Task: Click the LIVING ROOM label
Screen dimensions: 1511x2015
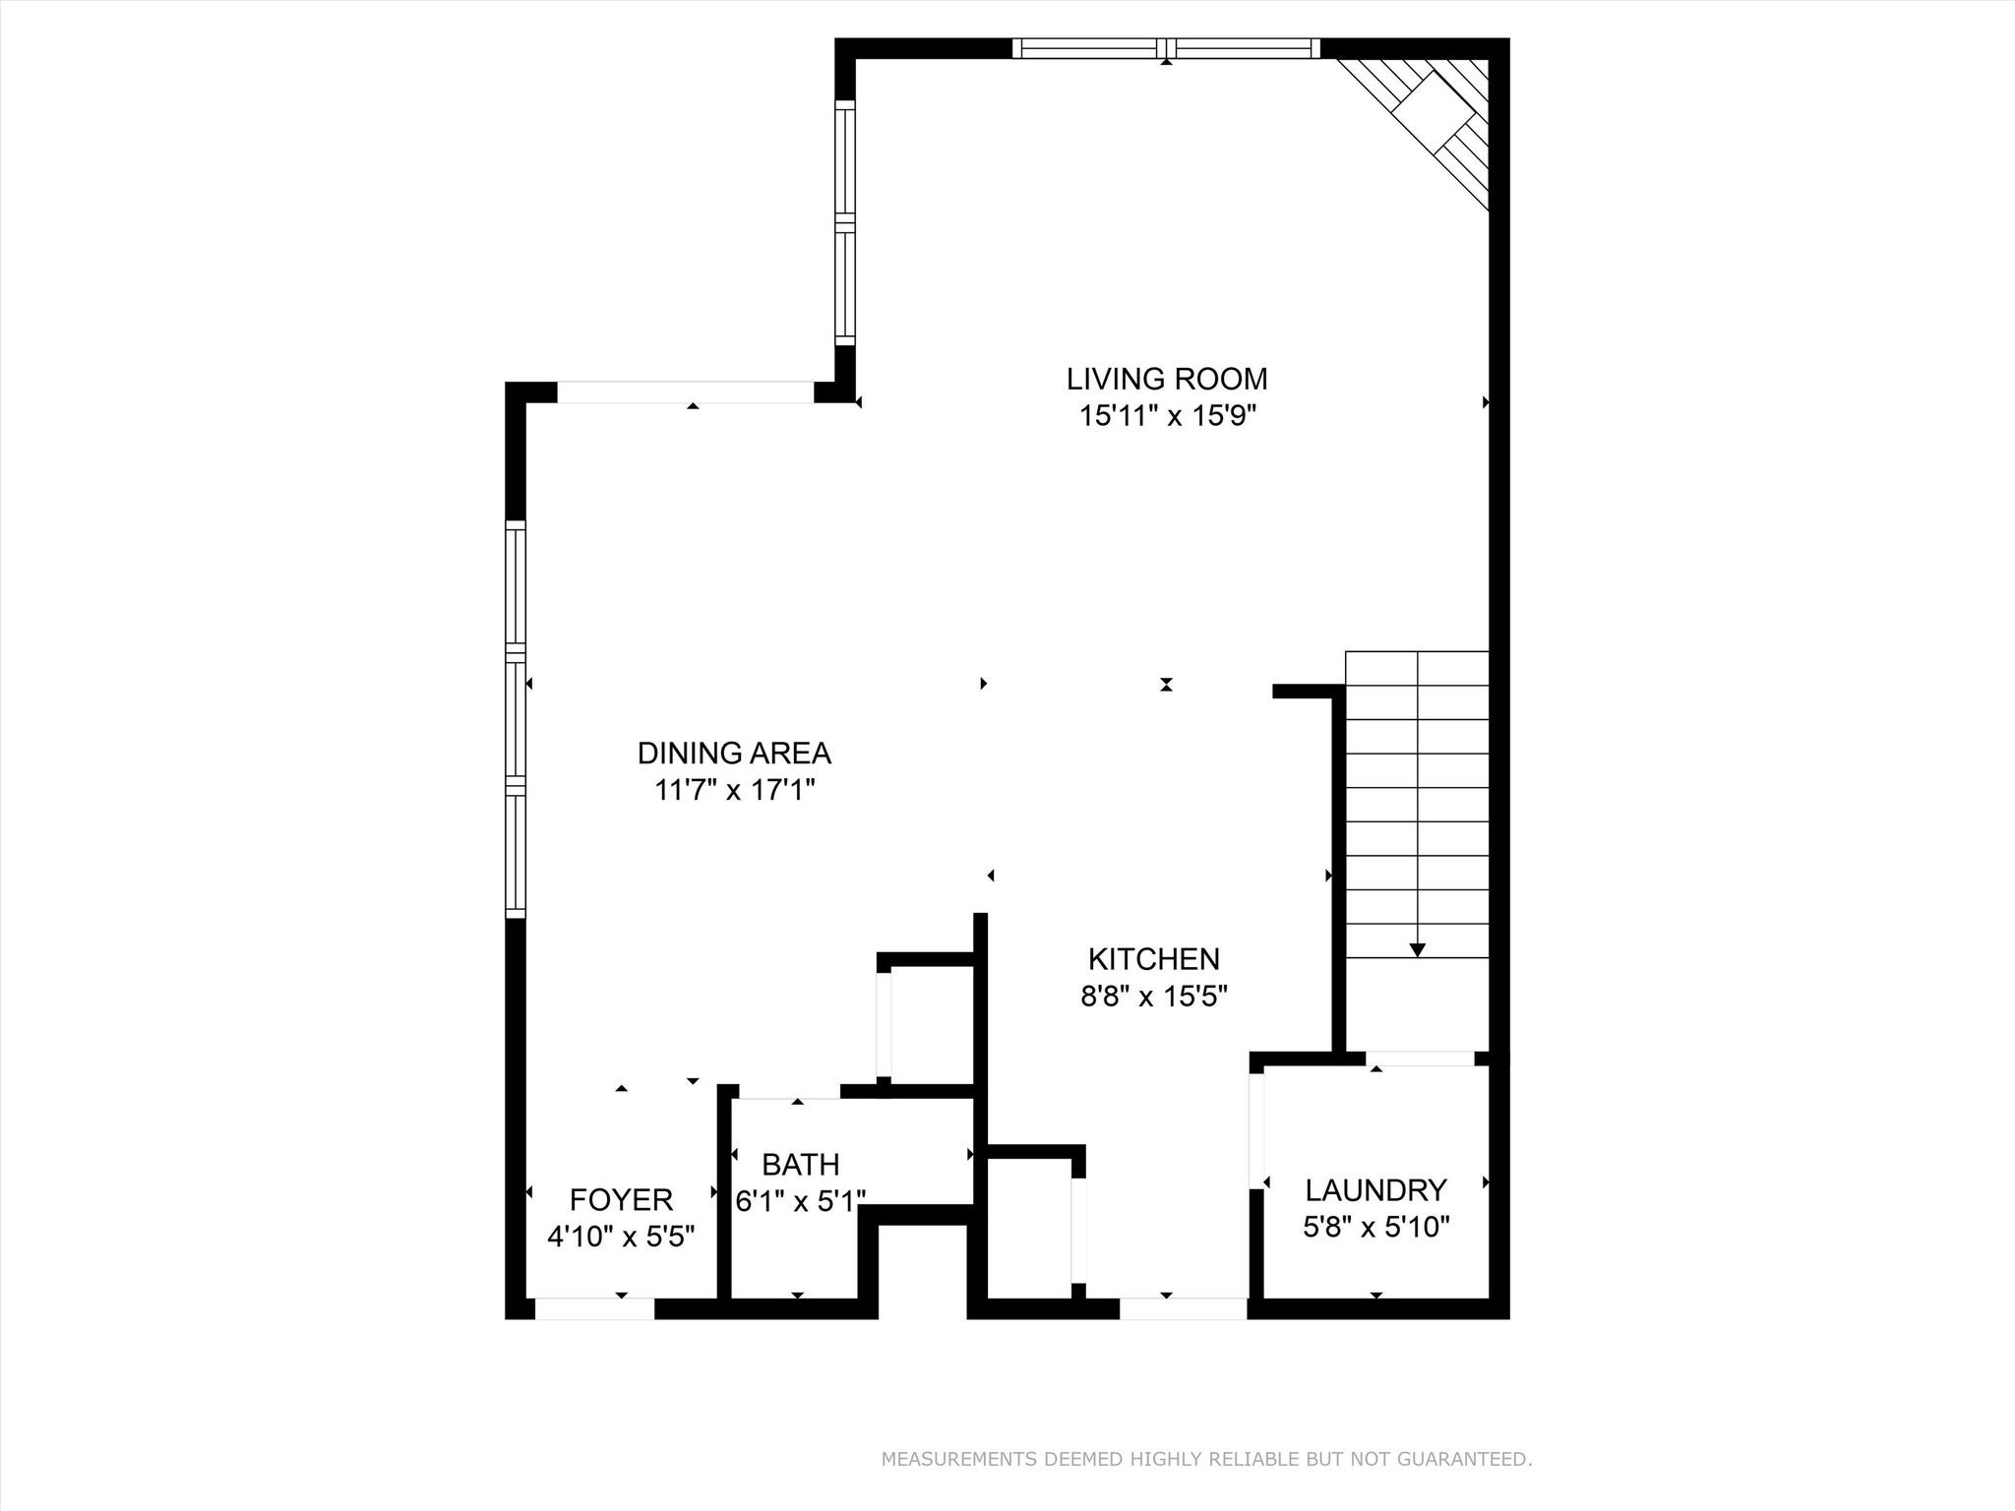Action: [1167, 379]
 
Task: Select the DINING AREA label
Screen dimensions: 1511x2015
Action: [734, 754]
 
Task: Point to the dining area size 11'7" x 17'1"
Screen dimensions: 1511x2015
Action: [734, 790]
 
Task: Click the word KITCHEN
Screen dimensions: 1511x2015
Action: [1153, 959]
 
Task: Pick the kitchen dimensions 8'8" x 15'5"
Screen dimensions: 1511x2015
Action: [1153, 997]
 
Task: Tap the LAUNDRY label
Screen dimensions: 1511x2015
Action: [1375, 1190]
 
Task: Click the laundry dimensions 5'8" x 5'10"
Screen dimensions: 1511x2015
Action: [1375, 1227]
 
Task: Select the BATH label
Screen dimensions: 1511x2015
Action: [800, 1165]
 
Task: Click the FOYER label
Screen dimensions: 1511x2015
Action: [621, 1200]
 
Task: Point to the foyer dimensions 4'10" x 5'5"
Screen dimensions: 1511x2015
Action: [621, 1237]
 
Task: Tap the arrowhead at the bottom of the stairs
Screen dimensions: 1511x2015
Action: [1417, 949]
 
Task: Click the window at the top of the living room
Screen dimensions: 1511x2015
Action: [1166, 48]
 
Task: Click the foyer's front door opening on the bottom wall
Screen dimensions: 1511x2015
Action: [594, 1308]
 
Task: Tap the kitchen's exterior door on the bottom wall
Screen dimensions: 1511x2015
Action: [1183, 1308]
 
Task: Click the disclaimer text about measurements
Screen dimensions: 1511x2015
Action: [1206, 1459]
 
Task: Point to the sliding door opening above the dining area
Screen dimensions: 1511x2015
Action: [686, 393]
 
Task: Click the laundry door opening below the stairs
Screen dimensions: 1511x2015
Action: [1420, 1058]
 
